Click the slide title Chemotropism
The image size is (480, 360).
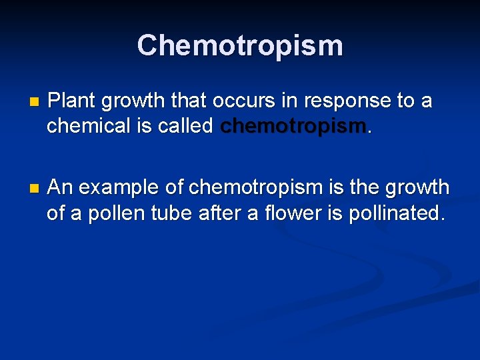[x=240, y=45]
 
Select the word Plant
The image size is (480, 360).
[x=71, y=101]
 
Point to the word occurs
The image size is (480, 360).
[x=242, y=101]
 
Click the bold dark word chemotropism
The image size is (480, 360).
[x=293, y=125]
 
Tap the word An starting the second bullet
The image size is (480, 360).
[x=61, y=188]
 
